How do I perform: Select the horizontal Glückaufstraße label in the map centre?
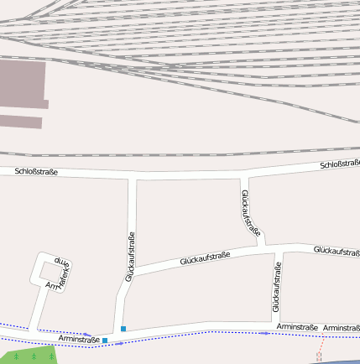click(205, 258)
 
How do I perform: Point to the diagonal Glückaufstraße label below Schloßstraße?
click(251, 213)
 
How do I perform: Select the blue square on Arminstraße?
click(105, 341)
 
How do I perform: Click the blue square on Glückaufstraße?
click(123, 329)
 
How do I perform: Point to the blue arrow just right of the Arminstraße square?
click(118, 343)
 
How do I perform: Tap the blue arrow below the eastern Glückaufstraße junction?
click(264, 333)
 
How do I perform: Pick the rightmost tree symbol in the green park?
click(50, 356)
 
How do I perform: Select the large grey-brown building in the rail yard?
click(21, 84)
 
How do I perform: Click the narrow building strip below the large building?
click(21, 122)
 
